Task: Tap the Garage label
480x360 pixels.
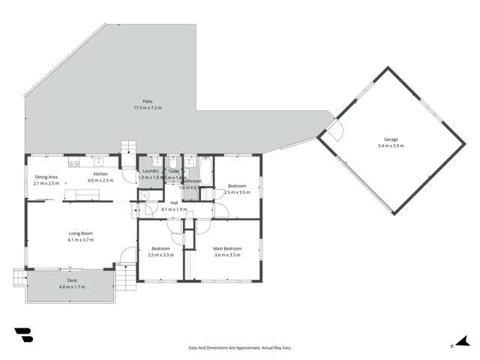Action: pyautogui.click(x=391, y=139)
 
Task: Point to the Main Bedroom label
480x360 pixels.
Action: pyautogui.click(x=227, y=248)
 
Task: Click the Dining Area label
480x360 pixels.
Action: pyautogui.click(x=46, y=177)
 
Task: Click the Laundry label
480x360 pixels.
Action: pyautogui.click(x=150, y=172)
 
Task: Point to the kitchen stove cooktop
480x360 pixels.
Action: pyautogui.click(x=74, y=163)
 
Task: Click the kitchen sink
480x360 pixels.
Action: pyautogui.click(x=98, y=161)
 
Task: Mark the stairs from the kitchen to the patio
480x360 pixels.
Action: pyautogui.click(x=130, y=147)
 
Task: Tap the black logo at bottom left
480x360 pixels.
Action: pyautogui.click(x=24, y=335)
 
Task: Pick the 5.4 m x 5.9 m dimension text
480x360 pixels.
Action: pyautogui.click(x=391, y=145)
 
